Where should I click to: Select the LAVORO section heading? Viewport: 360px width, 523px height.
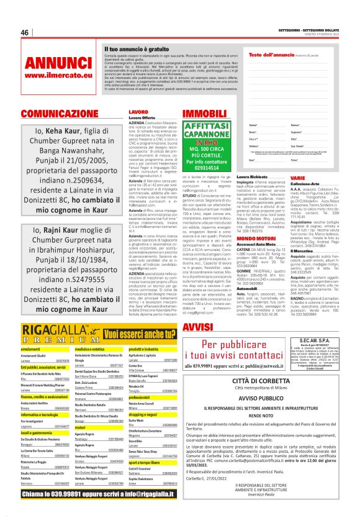pos(138,112)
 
